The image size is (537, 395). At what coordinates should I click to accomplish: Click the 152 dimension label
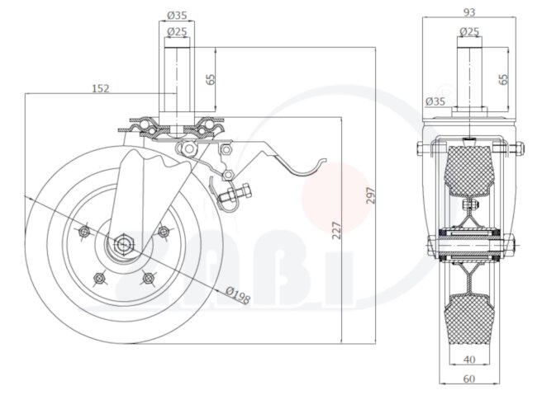pyautogui.click(x=100, y=87)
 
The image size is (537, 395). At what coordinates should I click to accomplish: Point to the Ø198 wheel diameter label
pyautogui.click(x=238, y=294)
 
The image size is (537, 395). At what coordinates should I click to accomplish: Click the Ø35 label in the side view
pyautogui.click(x=178, y=14)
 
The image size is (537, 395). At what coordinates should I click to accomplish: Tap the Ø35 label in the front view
pyautogui.click(x=435, y=101)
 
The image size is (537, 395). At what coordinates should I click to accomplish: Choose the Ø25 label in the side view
pyautogui.click(x=178, y=31)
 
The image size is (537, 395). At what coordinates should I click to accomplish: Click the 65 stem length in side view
pyautogui.click(x=211, y=80)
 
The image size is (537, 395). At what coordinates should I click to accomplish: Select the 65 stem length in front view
pyautogui.click(x=504, y=80)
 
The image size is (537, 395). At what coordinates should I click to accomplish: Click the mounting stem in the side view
pyautogui.click(x=177, y=78)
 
